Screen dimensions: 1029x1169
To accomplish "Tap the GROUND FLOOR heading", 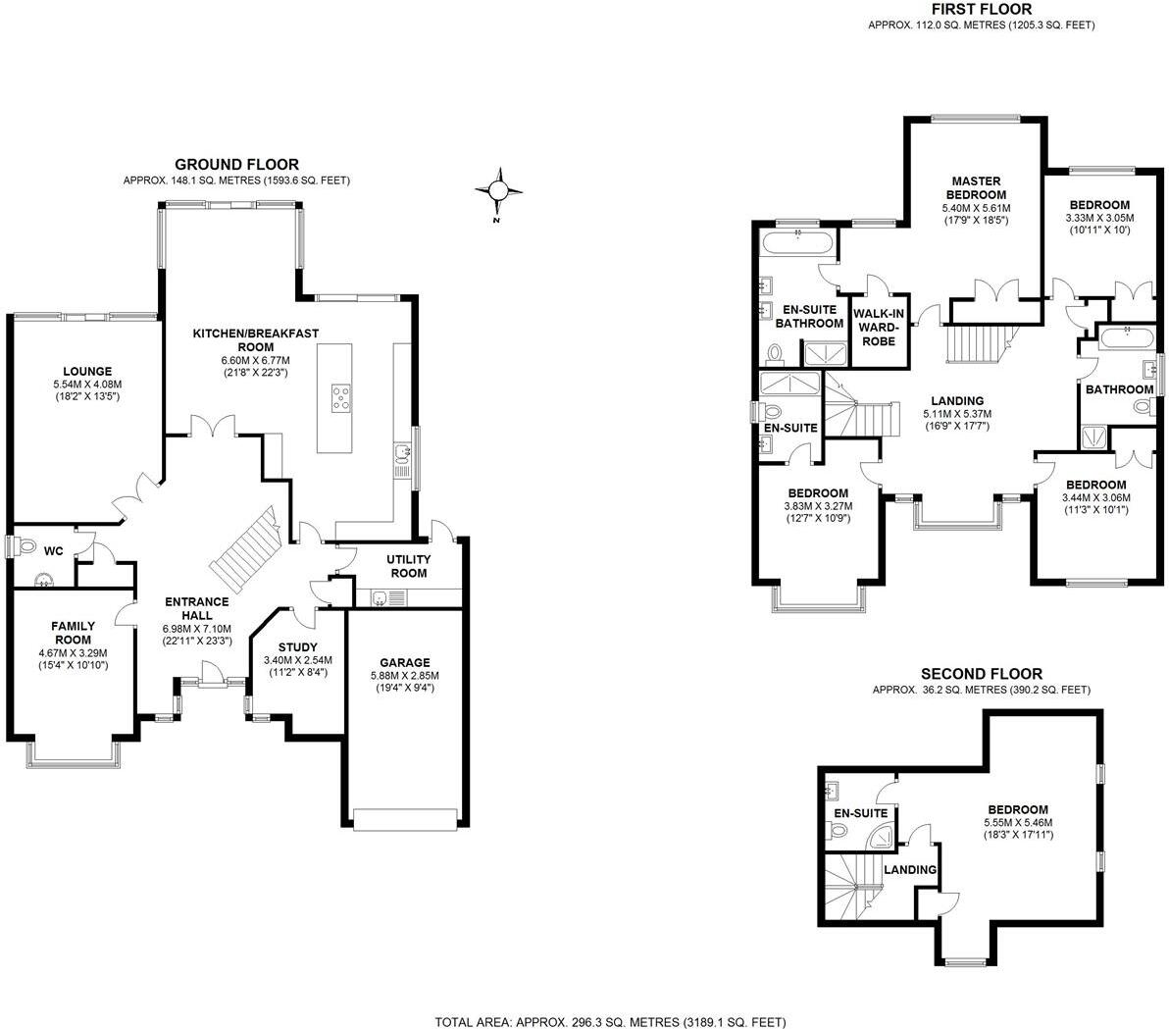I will click(236, 165).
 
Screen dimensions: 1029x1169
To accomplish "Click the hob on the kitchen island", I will click(341, 397).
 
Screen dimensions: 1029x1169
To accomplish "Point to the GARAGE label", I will click(405, 663).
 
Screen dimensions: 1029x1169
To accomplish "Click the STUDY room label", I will click(297, 647).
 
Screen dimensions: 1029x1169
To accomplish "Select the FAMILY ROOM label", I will click(73, 633).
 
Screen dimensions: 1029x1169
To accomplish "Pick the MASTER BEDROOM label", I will click(976, 187).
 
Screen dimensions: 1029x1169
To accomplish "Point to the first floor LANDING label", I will click(957, 401).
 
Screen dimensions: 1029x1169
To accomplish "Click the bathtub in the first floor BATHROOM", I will click(1126, 340).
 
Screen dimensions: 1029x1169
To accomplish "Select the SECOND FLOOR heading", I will click(981, 674).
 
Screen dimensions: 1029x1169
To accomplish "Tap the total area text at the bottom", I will click(610, 1021).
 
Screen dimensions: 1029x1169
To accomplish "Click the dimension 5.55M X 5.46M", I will click(1023, 822).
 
